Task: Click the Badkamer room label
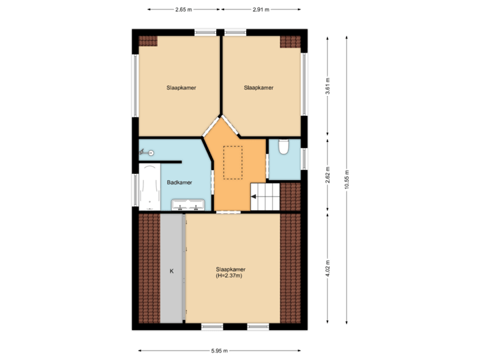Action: coord(179,182)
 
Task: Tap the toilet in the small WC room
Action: coord(283,147)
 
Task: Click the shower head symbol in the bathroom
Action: coord(151,153)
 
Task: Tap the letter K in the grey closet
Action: coord(171,271)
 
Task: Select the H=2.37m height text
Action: coord(229,275)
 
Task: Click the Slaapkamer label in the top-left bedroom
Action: coord(181,87)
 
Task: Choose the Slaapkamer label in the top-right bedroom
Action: coord(258,87)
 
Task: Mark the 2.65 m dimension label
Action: coord(183,10)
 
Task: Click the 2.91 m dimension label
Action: coord(261,10)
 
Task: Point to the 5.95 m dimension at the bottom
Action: coord(219,351)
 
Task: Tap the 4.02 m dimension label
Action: coord(327,269)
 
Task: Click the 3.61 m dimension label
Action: coord(327,87)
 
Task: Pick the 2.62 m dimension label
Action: coord(327,175)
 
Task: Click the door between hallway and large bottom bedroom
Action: coord(229,213)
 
